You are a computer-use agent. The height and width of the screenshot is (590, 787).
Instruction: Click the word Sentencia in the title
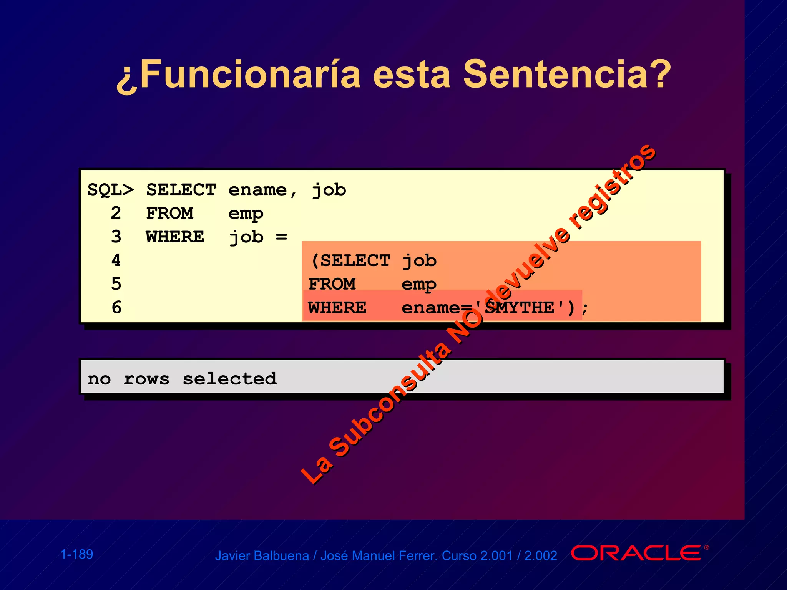point(567,74)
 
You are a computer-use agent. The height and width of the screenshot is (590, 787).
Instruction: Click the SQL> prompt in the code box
point(111,190)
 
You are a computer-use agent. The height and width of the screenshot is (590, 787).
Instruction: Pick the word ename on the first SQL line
point(257,190)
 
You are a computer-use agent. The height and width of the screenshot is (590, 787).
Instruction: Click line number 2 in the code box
point(116,213)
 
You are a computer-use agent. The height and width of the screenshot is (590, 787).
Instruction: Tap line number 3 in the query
point(116,237)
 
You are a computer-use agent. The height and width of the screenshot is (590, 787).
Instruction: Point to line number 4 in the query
point(116,260)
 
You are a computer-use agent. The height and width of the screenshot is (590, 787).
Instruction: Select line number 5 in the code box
point(116,284)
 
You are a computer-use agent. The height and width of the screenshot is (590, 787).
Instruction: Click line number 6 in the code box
point(116,307)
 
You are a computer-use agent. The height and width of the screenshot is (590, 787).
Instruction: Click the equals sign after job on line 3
point(281,237)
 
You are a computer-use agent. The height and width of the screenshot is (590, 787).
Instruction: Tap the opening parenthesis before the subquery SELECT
point(315,261)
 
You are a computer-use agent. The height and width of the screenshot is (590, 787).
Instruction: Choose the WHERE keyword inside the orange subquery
point(337,308)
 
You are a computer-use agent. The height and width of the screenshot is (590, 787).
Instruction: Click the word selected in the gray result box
point(229,379)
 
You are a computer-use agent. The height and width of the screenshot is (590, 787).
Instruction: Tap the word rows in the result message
point(146,379)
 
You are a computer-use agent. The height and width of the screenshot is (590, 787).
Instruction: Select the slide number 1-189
point(77,554)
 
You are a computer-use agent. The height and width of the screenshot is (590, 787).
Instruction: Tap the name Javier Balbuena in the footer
point(262,556)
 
